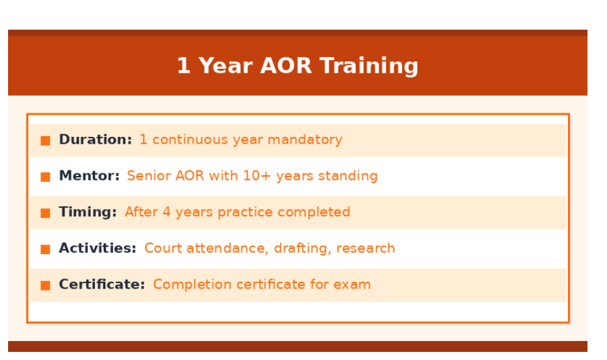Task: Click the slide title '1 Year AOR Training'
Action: pos(297,65)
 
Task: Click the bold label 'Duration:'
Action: pos(95,140)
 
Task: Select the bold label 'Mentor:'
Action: pos(89,176)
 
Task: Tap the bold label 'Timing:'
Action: pos(88,212)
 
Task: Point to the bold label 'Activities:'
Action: pos(97,248)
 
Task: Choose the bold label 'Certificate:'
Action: pos(102,284)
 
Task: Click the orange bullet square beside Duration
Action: pos(45,140)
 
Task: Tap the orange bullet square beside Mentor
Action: pos(45,177)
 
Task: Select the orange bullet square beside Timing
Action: pos(45,213)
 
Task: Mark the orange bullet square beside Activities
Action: pos(45,249)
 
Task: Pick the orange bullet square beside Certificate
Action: pos(45,285)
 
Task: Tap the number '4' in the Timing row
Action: pos(166,212)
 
